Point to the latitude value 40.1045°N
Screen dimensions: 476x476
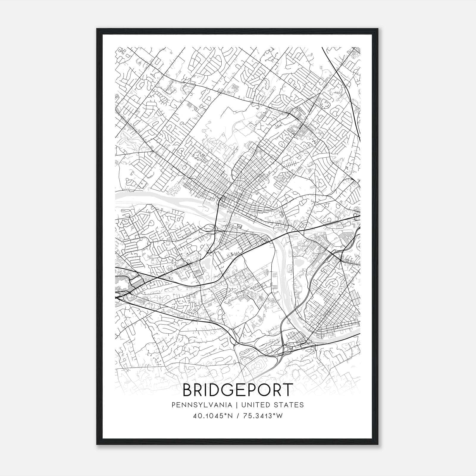click(x=212, y=416)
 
